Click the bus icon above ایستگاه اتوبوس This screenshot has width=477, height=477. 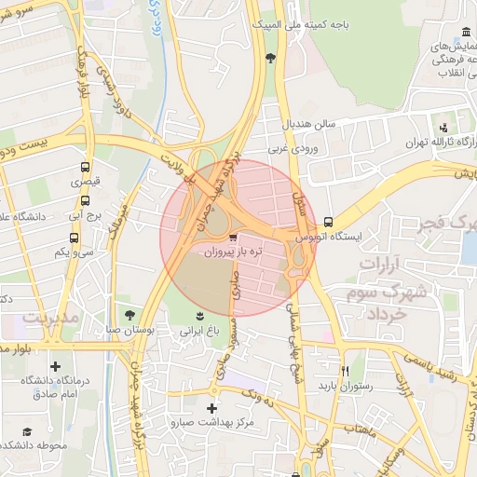(x=328, y=222)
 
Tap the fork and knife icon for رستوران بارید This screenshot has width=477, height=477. (x=345, y=370)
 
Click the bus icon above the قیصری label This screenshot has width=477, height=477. (x=86, y=169)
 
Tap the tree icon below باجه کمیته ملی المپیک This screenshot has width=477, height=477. (x=270, y=59)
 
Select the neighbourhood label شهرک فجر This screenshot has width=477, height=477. (x=449, y=225)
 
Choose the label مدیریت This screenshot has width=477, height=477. (x=47, y=319)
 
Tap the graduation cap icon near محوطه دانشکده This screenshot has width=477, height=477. (x=27, y=431)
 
